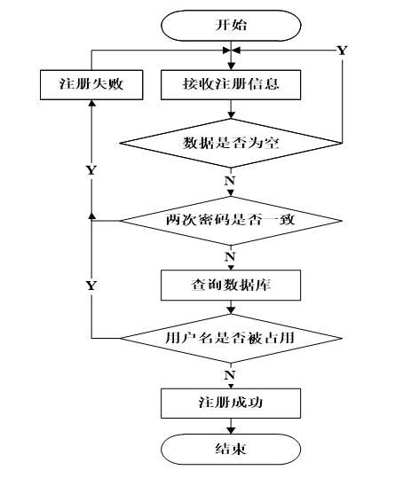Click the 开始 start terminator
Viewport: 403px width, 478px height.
click(x=231, y=26)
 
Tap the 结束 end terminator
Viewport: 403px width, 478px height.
click(x=231, y=449)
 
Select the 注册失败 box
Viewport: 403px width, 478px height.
click(x=91, y=85)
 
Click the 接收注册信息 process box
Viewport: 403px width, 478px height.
click(x=231, y=85)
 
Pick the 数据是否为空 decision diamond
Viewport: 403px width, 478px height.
click(x=231, y=143)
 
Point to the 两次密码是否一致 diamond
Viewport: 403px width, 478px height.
click(x=231, y=221)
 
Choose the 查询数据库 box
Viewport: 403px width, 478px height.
click(x=231, y=285)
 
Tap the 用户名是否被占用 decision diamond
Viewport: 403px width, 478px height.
click(x=231, y=338)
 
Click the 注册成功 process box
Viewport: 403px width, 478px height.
click(x=231, y=403)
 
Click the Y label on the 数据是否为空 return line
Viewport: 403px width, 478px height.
click(x=342, y=51)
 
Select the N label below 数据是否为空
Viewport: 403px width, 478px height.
click(x=230, y=181)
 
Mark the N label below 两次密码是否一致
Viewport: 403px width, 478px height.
click(x=230, y=257)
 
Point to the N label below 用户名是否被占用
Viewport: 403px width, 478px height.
click(x=230, y=375)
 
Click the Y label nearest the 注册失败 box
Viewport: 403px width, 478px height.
click(x=91, y=170)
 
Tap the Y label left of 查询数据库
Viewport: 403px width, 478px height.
click(x=91, y=286)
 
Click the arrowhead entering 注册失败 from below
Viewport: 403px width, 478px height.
click(x=91, y=103)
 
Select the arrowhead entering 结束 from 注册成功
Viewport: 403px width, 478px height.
click(x=231, y=430)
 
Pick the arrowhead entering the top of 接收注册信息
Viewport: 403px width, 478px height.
click(x=231, y=67)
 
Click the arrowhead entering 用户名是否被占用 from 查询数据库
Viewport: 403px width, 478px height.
click(x=231, y=310)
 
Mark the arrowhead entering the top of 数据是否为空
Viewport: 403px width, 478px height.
click(x=231, y=115)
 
